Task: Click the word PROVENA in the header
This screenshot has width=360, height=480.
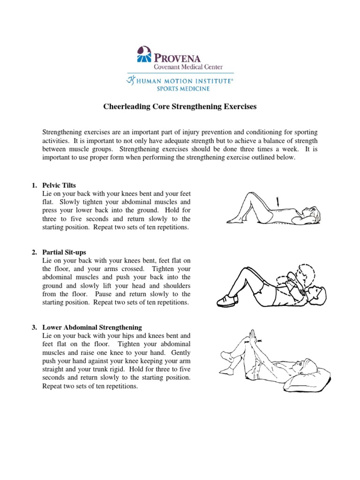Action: [177, 58]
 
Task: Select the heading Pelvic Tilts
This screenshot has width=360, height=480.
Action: [59, 185]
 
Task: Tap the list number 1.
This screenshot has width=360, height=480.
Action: [34, 185]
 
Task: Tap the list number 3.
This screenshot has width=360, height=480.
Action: [34, 327]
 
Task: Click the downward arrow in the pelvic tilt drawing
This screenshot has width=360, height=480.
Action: [279, 202]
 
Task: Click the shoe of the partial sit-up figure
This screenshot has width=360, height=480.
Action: [225, 300]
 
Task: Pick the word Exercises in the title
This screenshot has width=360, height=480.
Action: [240, 107]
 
